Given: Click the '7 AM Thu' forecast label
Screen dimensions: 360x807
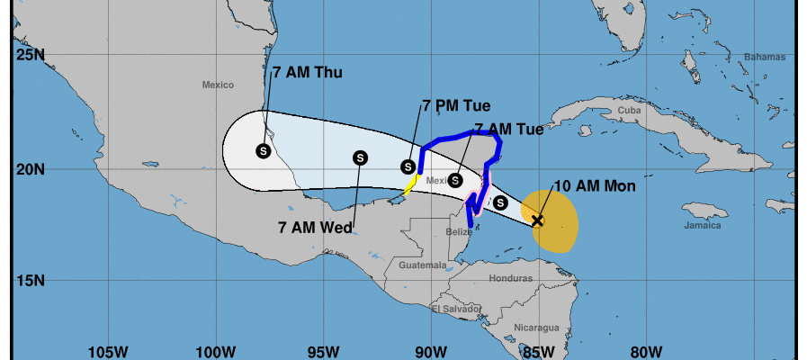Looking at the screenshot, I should [x=307, y=73].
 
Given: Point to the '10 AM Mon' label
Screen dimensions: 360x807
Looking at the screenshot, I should [x=595, y=186].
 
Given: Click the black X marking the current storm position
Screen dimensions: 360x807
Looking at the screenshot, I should [x=537, y=220].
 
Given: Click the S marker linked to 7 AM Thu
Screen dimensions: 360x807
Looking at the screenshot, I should [x=263, y=151].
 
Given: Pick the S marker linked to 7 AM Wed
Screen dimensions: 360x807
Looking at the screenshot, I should [x=360, y=157].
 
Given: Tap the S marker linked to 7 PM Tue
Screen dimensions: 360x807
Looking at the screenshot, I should [x=408, y=166].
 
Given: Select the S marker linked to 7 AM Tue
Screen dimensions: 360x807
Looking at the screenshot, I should [x=455, y=180].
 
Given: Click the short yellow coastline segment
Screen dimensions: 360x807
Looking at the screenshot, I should [x=409, y=185].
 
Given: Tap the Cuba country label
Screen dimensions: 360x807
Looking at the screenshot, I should [x=628, y=111].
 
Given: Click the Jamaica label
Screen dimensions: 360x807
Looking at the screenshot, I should [x=702, y=226].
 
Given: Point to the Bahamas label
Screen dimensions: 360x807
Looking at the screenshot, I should [x=758, y=57].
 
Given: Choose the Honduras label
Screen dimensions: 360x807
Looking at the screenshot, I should [x=511, y=278].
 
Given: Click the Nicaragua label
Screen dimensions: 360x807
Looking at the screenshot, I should [x=538, y=327].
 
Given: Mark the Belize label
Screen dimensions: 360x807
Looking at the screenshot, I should [x=459, y=232].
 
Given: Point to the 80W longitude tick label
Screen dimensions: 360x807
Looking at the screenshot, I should [x=647, y=349].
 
